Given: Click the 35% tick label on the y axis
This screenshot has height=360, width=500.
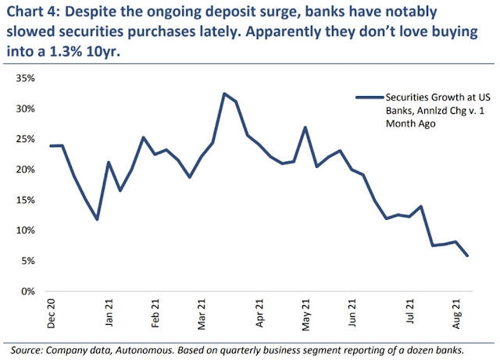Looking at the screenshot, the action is tap(26, 78).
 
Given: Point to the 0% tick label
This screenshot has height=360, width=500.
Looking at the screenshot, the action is tap(28, 291).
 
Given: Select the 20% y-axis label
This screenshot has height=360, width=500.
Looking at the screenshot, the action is tap(26, 169).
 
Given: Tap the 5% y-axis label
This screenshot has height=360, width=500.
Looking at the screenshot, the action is tap(28, 261).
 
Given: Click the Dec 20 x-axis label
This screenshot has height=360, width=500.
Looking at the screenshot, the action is tap(51, 314).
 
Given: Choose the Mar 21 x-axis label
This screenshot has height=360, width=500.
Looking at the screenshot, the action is tap(202, 315).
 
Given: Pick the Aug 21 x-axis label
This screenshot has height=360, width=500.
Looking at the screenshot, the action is tap(456, 314).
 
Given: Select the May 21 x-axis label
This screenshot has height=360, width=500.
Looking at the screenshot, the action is tap(305, 315).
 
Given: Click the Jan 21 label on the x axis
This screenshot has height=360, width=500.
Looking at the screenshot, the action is tap(109, 313).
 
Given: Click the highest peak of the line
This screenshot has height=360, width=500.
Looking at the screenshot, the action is tap(224, 94).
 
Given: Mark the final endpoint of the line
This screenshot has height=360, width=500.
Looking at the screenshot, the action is tap(467, 255).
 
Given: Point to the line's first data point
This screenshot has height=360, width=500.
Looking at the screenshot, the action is tap(51, 146).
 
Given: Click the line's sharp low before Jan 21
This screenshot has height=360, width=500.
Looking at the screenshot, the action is tap(97, 219).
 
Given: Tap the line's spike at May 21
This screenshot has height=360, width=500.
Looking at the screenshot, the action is tap(305, 127).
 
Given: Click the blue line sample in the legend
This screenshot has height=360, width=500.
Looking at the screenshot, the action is tap(370, 98).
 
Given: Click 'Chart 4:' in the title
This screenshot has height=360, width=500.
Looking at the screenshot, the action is tap(34, 12).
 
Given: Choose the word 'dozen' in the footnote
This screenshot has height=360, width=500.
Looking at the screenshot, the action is tap(420, 350).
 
